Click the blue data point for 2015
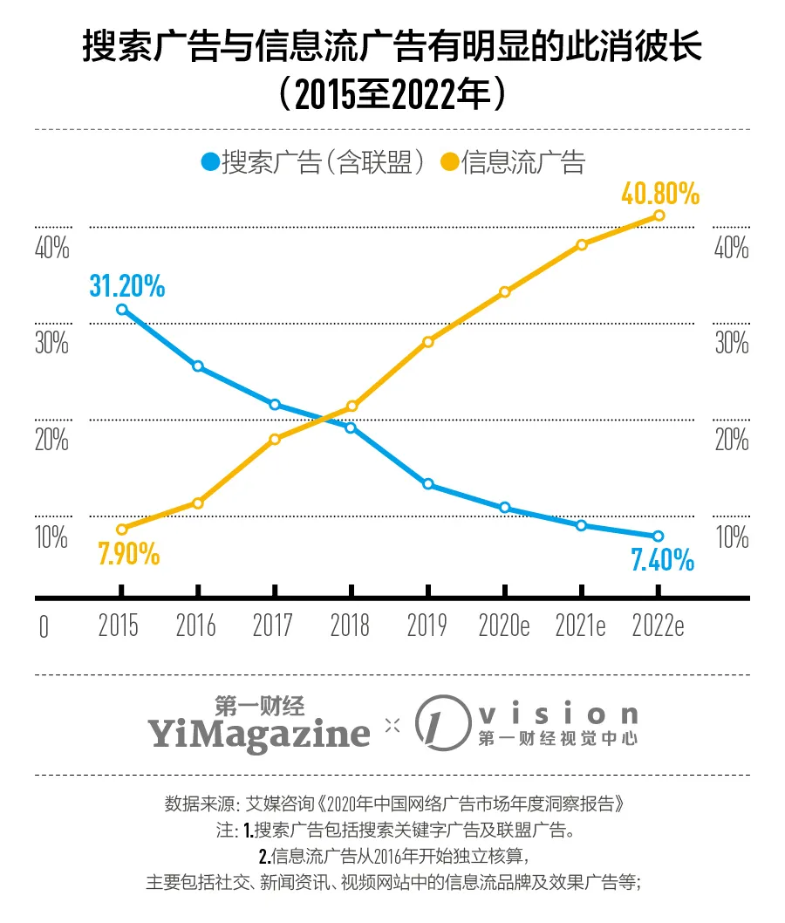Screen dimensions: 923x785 pyautogui.click(x=121, y=310)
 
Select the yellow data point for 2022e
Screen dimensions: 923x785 pyautogui.click(x=659, y=215)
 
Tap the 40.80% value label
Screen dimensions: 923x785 pyautogui.click(x=660, y=193)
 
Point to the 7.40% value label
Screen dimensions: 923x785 pyautogui.click(x=662, y=559)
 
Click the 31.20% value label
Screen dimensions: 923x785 pyautogui.click(x=126, y=284)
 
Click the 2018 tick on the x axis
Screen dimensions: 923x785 pyautogui.click(x=351, y=626)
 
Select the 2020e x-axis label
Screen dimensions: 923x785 pyautogui.click(x=505, y=626)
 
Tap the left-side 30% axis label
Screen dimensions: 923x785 pyautogui.click(x=51, y=343)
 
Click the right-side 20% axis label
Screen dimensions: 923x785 pyautogui.click(x=732, y=439)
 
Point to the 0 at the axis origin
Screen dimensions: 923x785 pyautogui.click(x=44, y=627)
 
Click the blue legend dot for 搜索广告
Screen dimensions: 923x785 pyautogui.click(x=209, y=163)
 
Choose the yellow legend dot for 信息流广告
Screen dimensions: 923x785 pyautogui.click(x=448, y=163)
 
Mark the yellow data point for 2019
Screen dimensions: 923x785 pyautogui.click(x=427, y=342)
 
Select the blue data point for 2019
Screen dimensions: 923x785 pyautogui.click(x=427, y=484)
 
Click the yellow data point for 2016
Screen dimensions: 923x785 pyautogui.click(x=198, y=503)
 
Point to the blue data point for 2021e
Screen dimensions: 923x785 pyautogui.click(x=582, y=525)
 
